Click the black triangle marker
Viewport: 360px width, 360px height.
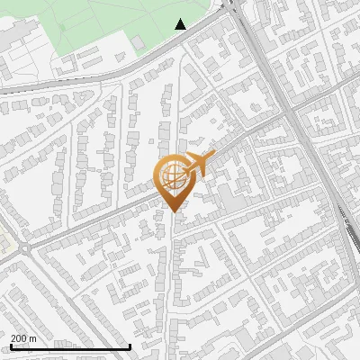point(181,24)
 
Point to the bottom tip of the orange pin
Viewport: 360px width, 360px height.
point(173,211)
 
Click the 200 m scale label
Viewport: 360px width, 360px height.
point(24,338)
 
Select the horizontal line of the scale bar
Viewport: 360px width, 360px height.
point(70,346)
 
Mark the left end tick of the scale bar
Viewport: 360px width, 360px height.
point(11,346)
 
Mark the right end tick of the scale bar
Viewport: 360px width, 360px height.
point(130,346)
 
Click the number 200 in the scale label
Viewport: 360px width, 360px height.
point(19,338)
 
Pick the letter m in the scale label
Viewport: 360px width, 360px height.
point(33,338)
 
